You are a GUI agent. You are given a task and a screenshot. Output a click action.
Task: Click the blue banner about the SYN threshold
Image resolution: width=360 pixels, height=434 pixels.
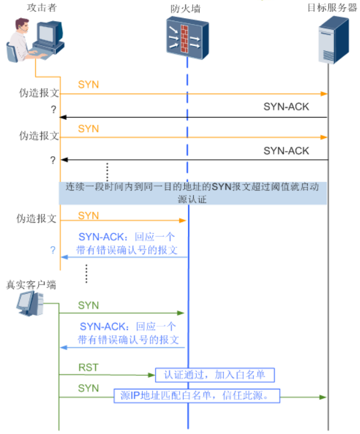point(193,193)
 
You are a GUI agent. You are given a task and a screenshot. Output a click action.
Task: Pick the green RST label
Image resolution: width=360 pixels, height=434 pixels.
point(88,368)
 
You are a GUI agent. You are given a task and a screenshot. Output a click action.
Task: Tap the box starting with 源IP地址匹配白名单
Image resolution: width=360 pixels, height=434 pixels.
point(197,395)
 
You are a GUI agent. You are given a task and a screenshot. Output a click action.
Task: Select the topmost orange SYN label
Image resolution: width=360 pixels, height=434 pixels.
point(88,85)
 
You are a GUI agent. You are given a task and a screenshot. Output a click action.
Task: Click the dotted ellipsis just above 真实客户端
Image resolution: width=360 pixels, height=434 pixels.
point(86,272)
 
